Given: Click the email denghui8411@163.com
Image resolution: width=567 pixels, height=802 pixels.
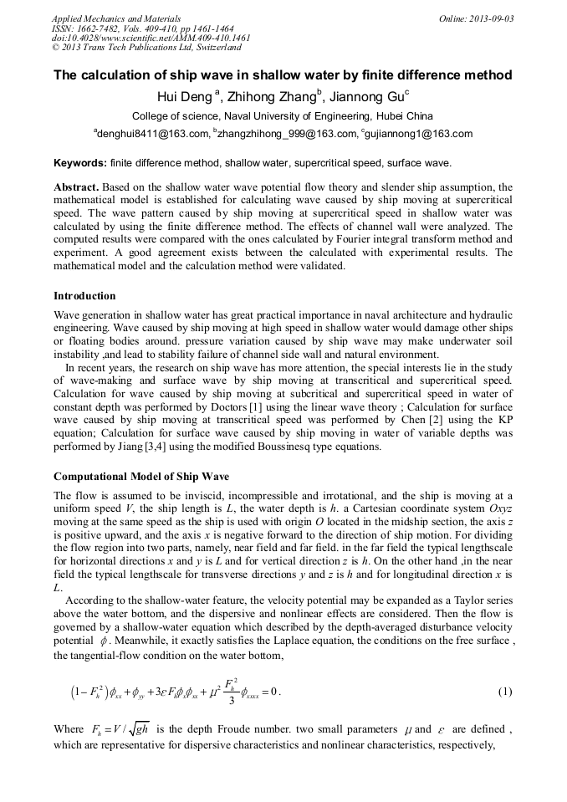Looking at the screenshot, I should (x=152, y=134).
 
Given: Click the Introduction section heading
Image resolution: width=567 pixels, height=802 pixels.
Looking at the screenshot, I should (x=84, y=296).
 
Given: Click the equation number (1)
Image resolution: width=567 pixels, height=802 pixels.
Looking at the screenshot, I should (x=504, y=692).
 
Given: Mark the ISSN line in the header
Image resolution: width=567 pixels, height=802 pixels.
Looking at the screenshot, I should (x=142, y=28).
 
